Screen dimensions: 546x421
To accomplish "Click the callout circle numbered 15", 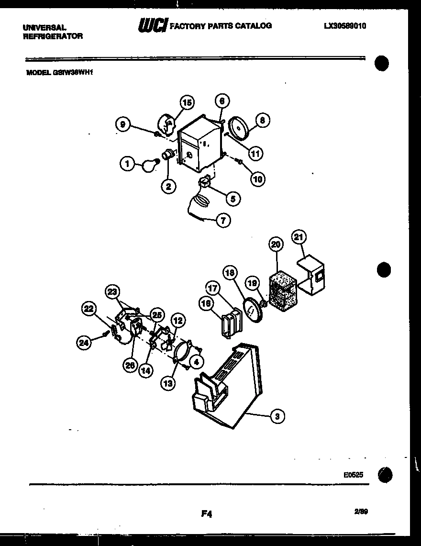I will (187, 102).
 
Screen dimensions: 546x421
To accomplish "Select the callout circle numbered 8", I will (262, 121).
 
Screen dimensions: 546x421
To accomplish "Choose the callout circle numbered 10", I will (258, 179).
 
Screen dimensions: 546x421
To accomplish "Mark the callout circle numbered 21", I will (300, 237).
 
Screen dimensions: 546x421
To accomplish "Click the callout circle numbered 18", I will (231, 273).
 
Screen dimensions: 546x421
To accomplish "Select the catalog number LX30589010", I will (344, 26).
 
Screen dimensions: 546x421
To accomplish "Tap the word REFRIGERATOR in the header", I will (53, 36).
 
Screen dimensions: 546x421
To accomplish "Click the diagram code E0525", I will (353, 475).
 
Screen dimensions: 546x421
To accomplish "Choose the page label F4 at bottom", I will (206, 514).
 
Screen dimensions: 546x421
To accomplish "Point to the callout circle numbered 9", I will (123, 125).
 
